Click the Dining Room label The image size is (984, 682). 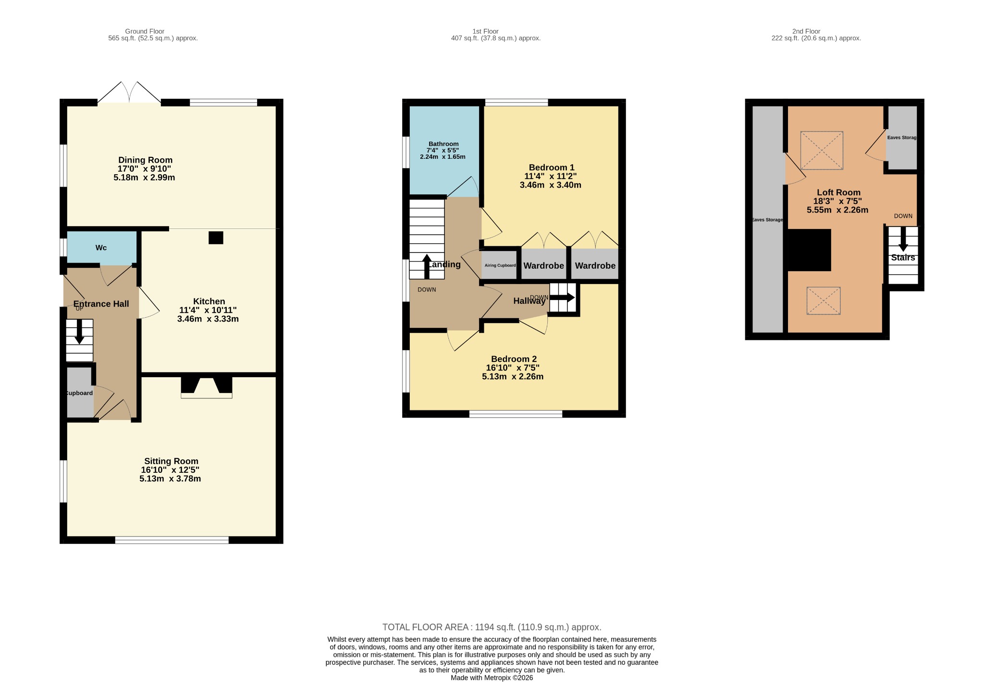click(145, 160)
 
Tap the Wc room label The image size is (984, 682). click(101, 248)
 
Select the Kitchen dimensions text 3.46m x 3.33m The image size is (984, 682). click(208, 319)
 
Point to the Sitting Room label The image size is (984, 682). click(171, 461)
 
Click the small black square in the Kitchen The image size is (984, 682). click(216, 238)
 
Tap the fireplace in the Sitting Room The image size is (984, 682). click(207, 387)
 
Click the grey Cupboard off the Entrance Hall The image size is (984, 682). click(80, 393)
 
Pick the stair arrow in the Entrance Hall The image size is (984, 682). click(79, 331)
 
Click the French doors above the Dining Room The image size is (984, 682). click(129, 92)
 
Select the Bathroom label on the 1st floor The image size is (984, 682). click(443, 144)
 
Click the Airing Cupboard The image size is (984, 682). click(500, 265)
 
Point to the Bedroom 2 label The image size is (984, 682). click(514, 359)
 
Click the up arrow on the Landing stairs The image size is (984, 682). click(427, 266)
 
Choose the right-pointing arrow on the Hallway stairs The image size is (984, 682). click(562, 297)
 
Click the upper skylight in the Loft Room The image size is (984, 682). click(822, 150)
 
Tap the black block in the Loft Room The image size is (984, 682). click(810, 250)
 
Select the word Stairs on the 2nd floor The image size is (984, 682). click(903, 258)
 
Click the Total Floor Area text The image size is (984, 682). click(492, 627)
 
